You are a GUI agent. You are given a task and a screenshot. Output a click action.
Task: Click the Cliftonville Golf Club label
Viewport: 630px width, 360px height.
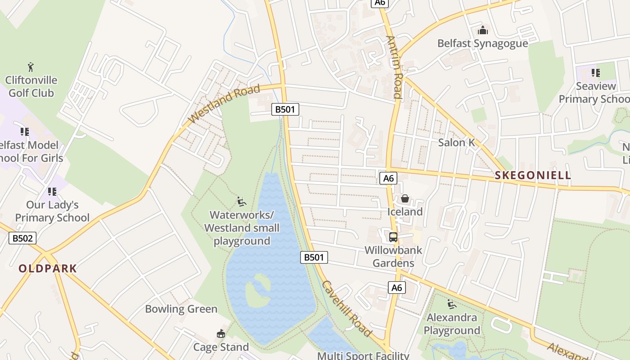click(31, 86)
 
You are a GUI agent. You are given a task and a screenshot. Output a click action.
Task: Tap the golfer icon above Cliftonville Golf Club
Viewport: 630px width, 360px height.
click(31, 67)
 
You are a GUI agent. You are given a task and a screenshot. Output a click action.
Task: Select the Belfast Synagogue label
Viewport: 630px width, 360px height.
click(482, 43)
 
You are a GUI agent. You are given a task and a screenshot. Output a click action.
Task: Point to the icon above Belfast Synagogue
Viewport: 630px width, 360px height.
click(483, 30)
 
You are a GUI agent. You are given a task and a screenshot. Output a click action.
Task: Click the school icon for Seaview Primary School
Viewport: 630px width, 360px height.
click(596, 72)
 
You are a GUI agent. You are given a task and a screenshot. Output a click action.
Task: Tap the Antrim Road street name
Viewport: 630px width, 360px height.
click(394, 67)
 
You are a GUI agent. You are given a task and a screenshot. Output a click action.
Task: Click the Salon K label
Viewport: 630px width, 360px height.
click(456, 143)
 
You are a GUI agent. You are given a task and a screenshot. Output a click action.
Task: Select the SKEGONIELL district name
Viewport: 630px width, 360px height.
click(532, 175)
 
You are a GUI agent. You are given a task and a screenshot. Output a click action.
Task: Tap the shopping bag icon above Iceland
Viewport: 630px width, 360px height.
click(405, 198)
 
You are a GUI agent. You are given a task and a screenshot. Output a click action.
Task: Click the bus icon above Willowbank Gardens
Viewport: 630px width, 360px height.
click(393, 237)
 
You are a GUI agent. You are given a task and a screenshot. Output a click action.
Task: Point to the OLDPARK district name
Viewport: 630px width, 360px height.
click(48, 269)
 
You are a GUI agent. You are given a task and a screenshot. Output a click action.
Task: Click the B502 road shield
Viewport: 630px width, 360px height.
click(22, 238)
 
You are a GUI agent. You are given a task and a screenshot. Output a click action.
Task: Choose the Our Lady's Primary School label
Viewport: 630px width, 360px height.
click(52, 211)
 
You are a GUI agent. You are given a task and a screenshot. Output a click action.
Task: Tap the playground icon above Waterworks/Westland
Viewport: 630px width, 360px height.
click(242, 201)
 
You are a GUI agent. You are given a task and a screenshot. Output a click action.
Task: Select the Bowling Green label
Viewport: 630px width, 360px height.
click(181, 309)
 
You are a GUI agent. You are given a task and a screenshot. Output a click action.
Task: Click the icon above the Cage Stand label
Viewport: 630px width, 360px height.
click(220, 334)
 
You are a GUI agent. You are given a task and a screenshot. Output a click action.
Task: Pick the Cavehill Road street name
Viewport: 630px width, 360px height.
click(346, 309)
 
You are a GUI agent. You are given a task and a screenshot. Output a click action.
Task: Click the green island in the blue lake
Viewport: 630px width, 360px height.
click(258, 291)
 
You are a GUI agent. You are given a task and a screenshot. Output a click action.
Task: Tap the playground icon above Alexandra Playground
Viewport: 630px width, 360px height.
click(451, 304)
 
